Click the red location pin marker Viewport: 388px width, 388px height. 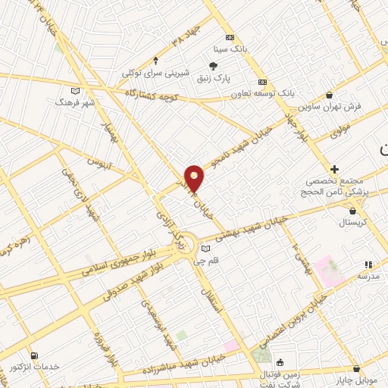(195, 178)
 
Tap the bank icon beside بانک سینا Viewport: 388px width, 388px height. (230, 38)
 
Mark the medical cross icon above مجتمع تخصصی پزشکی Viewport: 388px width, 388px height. (334, 168)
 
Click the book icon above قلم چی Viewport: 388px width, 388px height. (205, 249)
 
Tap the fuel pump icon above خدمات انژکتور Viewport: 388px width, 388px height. (34, 355)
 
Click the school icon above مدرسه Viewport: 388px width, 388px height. (368, 264)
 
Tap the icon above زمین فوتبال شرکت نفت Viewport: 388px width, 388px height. (280, 362)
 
